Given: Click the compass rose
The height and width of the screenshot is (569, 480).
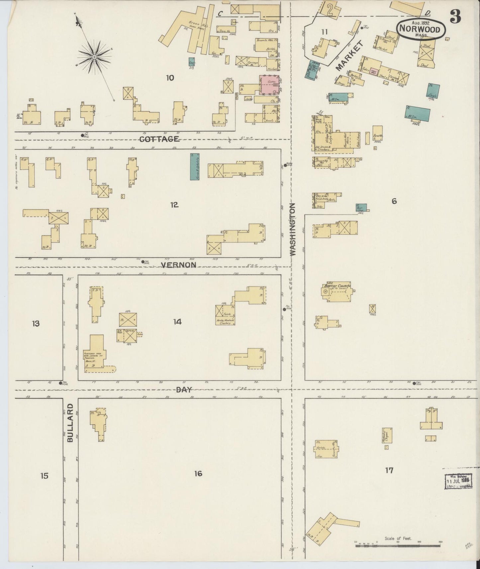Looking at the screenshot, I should [x=94, y=57].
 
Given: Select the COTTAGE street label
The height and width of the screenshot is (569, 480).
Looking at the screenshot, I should [x=160, y=139].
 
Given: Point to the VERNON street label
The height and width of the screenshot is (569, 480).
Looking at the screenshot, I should [x=178, y=265].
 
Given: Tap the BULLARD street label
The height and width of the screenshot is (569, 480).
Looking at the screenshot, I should [x=70, y=423].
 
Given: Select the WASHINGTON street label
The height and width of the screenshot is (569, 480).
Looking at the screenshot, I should [x=292, y=229].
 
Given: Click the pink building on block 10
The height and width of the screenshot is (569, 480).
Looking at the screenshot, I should [x=269, y=84].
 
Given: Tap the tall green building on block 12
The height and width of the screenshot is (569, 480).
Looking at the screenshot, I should [x=195, y=167].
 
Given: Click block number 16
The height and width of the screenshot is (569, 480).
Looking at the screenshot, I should [x=198, y=473].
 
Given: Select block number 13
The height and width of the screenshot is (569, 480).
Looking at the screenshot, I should [x=36, y=323].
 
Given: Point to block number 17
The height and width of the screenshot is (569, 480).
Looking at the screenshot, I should [x=389, y=470].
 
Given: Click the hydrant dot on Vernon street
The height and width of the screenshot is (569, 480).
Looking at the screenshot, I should [x=143, y=262].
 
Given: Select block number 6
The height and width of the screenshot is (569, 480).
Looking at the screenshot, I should [x=394, y=201].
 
